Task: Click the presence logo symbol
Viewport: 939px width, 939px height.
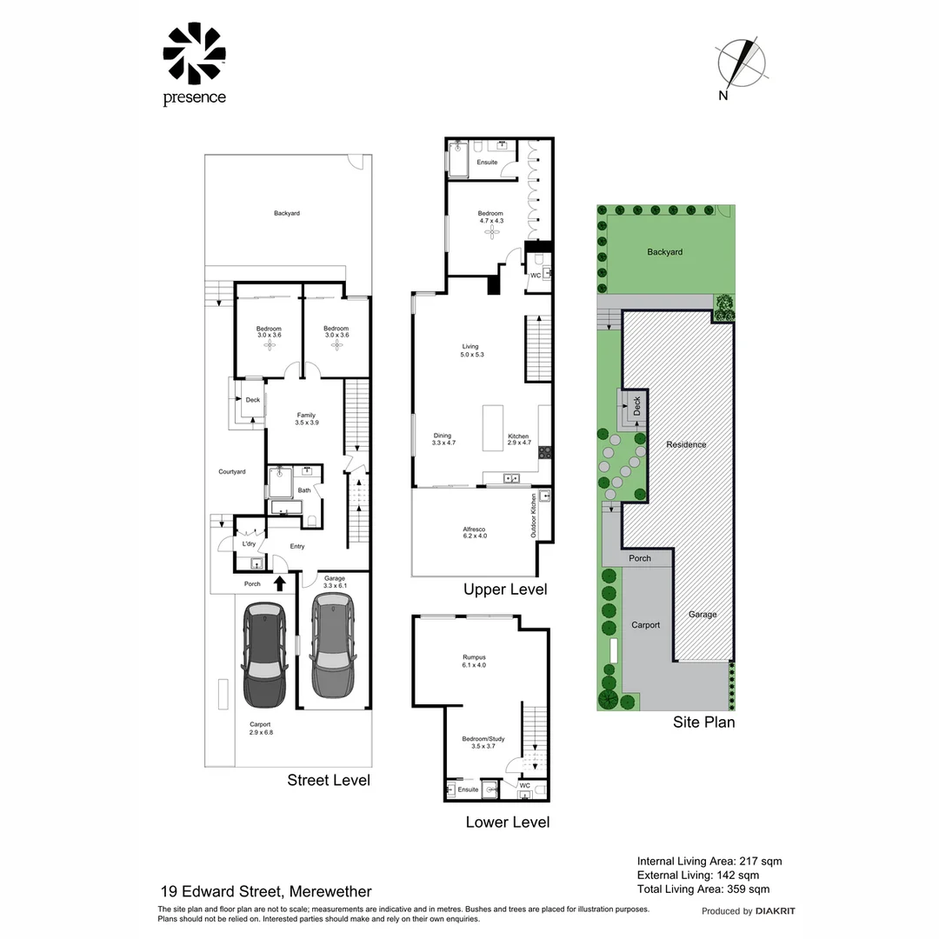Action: (194, 54)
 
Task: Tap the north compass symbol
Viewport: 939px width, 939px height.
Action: (742, 63)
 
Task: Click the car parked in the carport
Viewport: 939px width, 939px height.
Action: (264, 654)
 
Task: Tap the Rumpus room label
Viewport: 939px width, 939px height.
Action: (474, 661)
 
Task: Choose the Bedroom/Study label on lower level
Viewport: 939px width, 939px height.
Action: (483, 743)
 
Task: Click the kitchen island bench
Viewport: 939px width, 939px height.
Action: (494, 427)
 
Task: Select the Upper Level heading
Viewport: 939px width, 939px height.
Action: (505, 589)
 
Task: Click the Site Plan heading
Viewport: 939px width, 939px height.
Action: (704, 722)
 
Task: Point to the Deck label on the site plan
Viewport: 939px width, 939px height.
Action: (636, 404)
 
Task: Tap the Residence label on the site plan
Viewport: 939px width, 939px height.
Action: (686, 444)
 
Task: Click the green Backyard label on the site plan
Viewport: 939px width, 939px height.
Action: (664, 252)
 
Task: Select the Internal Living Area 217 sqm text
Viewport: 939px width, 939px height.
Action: (709, 861)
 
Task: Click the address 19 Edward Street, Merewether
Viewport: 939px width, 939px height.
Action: (266, 891)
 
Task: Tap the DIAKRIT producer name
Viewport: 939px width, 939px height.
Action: (776, 911)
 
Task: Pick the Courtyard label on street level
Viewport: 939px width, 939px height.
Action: (232, 471)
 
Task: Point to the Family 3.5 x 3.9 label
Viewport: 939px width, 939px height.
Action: (305, 419)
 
